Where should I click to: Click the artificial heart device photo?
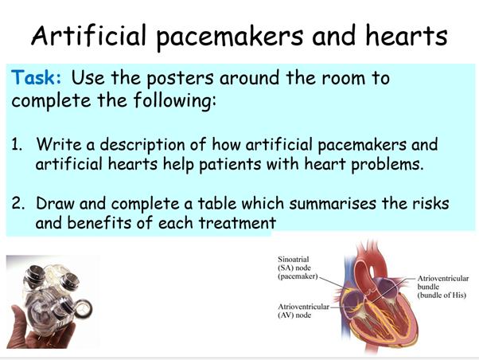tap(51, 301)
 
